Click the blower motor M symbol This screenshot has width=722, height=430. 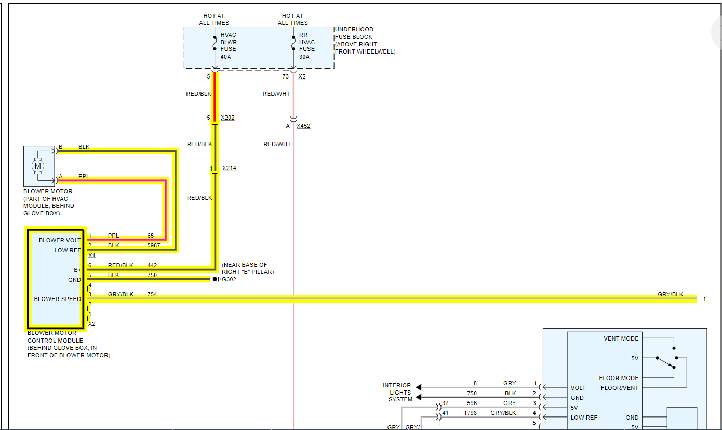click(x=37, y=166)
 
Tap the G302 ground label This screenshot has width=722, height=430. click(x=229, y=279)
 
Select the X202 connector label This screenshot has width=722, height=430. click(x=228, y=118)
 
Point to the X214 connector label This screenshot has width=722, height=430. click(x=229, y=168)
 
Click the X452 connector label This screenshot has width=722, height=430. click(x=303, y=126)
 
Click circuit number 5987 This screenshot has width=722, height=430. click(x=154, y=245)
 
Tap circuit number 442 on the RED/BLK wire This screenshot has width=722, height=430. click(x=152, y=265)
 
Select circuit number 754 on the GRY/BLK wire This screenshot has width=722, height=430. click(x=152, y=294)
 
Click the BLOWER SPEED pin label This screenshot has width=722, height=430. click(x=57, y=299)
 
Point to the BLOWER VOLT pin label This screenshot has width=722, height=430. click(x=60, y=240)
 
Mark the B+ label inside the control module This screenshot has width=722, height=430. click(x=77, y=270)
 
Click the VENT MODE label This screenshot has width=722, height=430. click(x=621, y=338)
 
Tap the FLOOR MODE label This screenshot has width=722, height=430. click(x=619, y=378)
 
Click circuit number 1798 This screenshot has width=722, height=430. click(x=471, y=413)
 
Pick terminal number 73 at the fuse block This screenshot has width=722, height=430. click(x=285, y=76)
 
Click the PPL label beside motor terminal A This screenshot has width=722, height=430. click(x=84, y=176)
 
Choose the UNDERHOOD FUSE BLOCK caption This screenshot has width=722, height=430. click(x=365, y=41)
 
